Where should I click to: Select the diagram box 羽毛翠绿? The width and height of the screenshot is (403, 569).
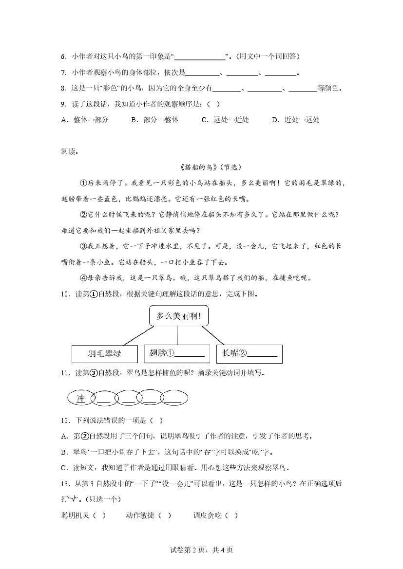[x=105, y=354]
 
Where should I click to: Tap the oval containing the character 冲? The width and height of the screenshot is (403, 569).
[x=81, y=399]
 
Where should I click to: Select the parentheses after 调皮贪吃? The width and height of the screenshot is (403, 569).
[x=232, y=514]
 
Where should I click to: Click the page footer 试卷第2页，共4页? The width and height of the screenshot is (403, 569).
[x=201, y=550]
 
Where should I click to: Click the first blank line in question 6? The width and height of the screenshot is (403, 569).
[x=203, y=57]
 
